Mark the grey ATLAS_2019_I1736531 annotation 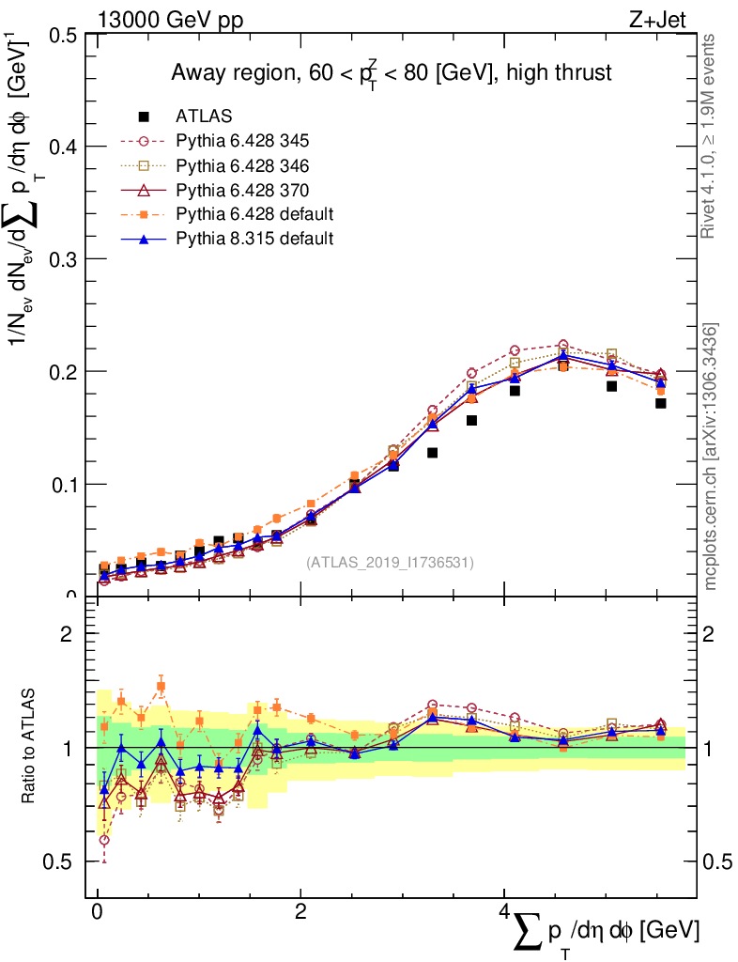click(x=390, y=563)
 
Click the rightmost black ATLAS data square click(x=661, y=404)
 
